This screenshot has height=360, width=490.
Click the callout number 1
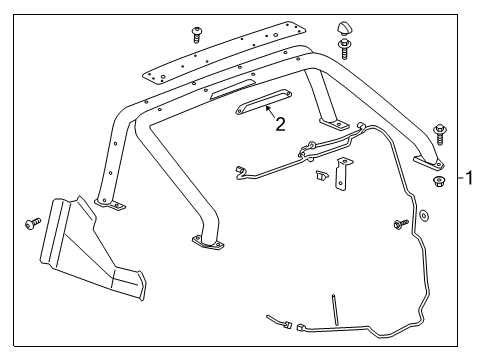pyautogui.click(x=470, y=179)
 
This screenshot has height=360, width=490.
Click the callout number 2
pyautogui.click(x=281, y=125)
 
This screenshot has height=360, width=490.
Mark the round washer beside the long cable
pyautogui.click(x=423, y=215)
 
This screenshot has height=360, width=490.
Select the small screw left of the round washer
pyautogui.click(x=402, y=224)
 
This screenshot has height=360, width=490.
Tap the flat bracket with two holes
pyautogui.click(x=345, y=173)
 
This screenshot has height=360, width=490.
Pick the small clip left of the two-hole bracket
pyautogui.click(x=321, y=176)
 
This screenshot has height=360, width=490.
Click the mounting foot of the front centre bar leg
pyautogui.click(x=207, y=242)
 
